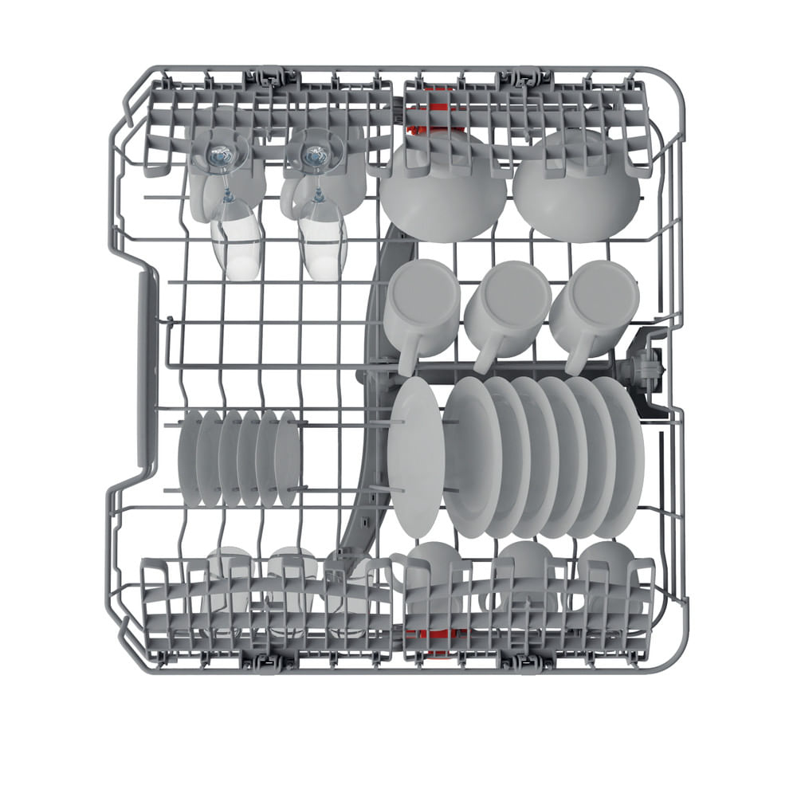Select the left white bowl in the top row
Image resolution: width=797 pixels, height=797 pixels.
pos(442,191)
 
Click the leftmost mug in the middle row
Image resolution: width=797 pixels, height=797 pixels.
pos(422,307)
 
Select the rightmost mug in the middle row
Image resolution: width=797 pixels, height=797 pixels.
pos(595,307)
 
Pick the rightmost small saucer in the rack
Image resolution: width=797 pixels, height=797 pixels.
pos(288,458)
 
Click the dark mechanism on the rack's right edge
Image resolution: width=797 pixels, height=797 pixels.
pos(646,367)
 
